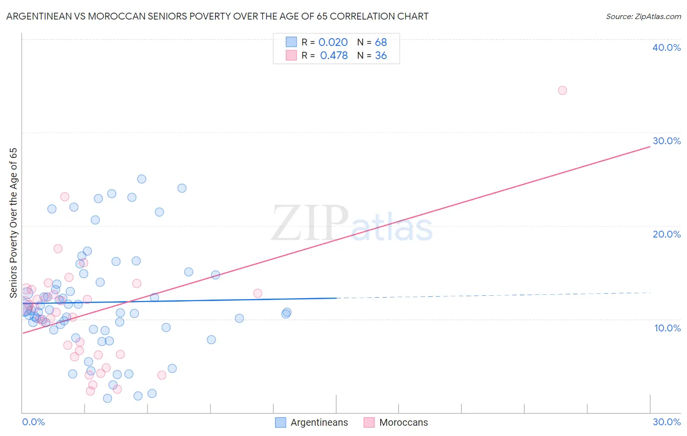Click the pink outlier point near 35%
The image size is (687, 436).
click(562, 90)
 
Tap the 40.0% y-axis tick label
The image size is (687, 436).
click(666, 47)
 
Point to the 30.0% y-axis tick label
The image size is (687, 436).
click(666, 141)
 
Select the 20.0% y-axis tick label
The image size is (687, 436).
click(666, 234)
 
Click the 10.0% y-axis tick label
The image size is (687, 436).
click(667, 328)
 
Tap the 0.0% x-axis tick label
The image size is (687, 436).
click(33, 422)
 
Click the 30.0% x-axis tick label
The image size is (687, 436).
click(666, 422)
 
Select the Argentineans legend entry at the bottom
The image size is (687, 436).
click(312, 422)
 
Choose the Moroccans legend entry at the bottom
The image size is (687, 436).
click(396, 422)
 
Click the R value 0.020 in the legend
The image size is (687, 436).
click(333, 43)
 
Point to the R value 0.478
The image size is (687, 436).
click(334, 56)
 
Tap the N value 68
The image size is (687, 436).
click(381, 43)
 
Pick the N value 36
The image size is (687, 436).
click(381, 56)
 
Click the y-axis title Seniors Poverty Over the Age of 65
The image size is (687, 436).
click(14, 222)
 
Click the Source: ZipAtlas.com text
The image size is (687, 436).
click(643, 16)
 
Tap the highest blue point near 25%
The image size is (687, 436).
click(142, 179)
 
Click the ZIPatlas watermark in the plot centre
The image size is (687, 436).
click(352, 224)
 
